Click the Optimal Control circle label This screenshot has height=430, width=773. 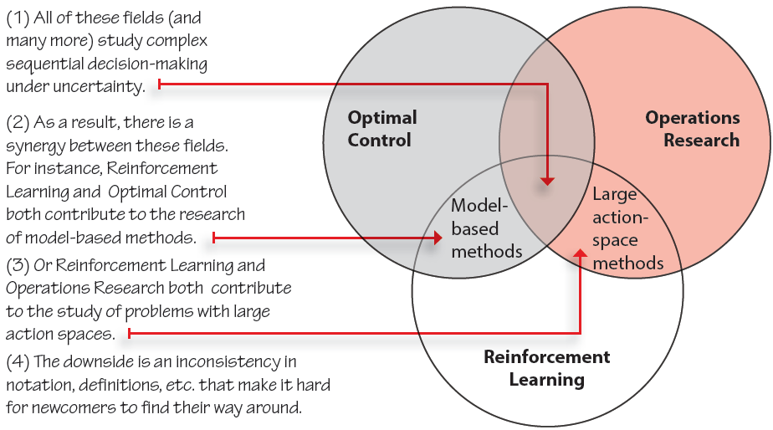click(x=382, y=129)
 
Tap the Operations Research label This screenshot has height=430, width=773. click(x=693, y=129)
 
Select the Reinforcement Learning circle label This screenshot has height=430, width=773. click(x=547, y=368)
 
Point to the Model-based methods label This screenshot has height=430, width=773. click(x=487, y=228)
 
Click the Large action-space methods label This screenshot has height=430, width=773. click(x=627, y=228)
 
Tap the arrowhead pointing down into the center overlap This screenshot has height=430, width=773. click(x=547, y=182)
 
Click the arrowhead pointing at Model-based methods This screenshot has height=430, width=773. click(x=438, y=238)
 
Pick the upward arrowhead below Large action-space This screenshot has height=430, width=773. click(x=581, y=253)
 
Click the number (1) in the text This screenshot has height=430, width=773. click(x=18, y=18)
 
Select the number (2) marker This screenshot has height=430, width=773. click(x=18, y=123)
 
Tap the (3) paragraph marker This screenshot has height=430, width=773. click(x=18, y=266)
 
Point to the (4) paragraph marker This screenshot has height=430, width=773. click(x=18, y=362)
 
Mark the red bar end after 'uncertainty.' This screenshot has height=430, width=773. click(x=159, y=84)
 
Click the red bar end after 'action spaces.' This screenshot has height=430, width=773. click(x=129, y=334)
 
